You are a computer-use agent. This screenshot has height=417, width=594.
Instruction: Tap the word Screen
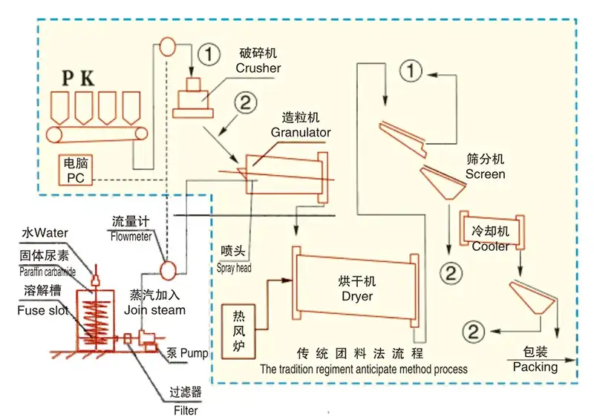485,174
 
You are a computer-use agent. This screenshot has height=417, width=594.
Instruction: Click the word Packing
535,367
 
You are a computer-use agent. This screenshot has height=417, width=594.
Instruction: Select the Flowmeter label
131,237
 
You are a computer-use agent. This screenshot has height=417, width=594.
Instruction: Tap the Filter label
182,409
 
